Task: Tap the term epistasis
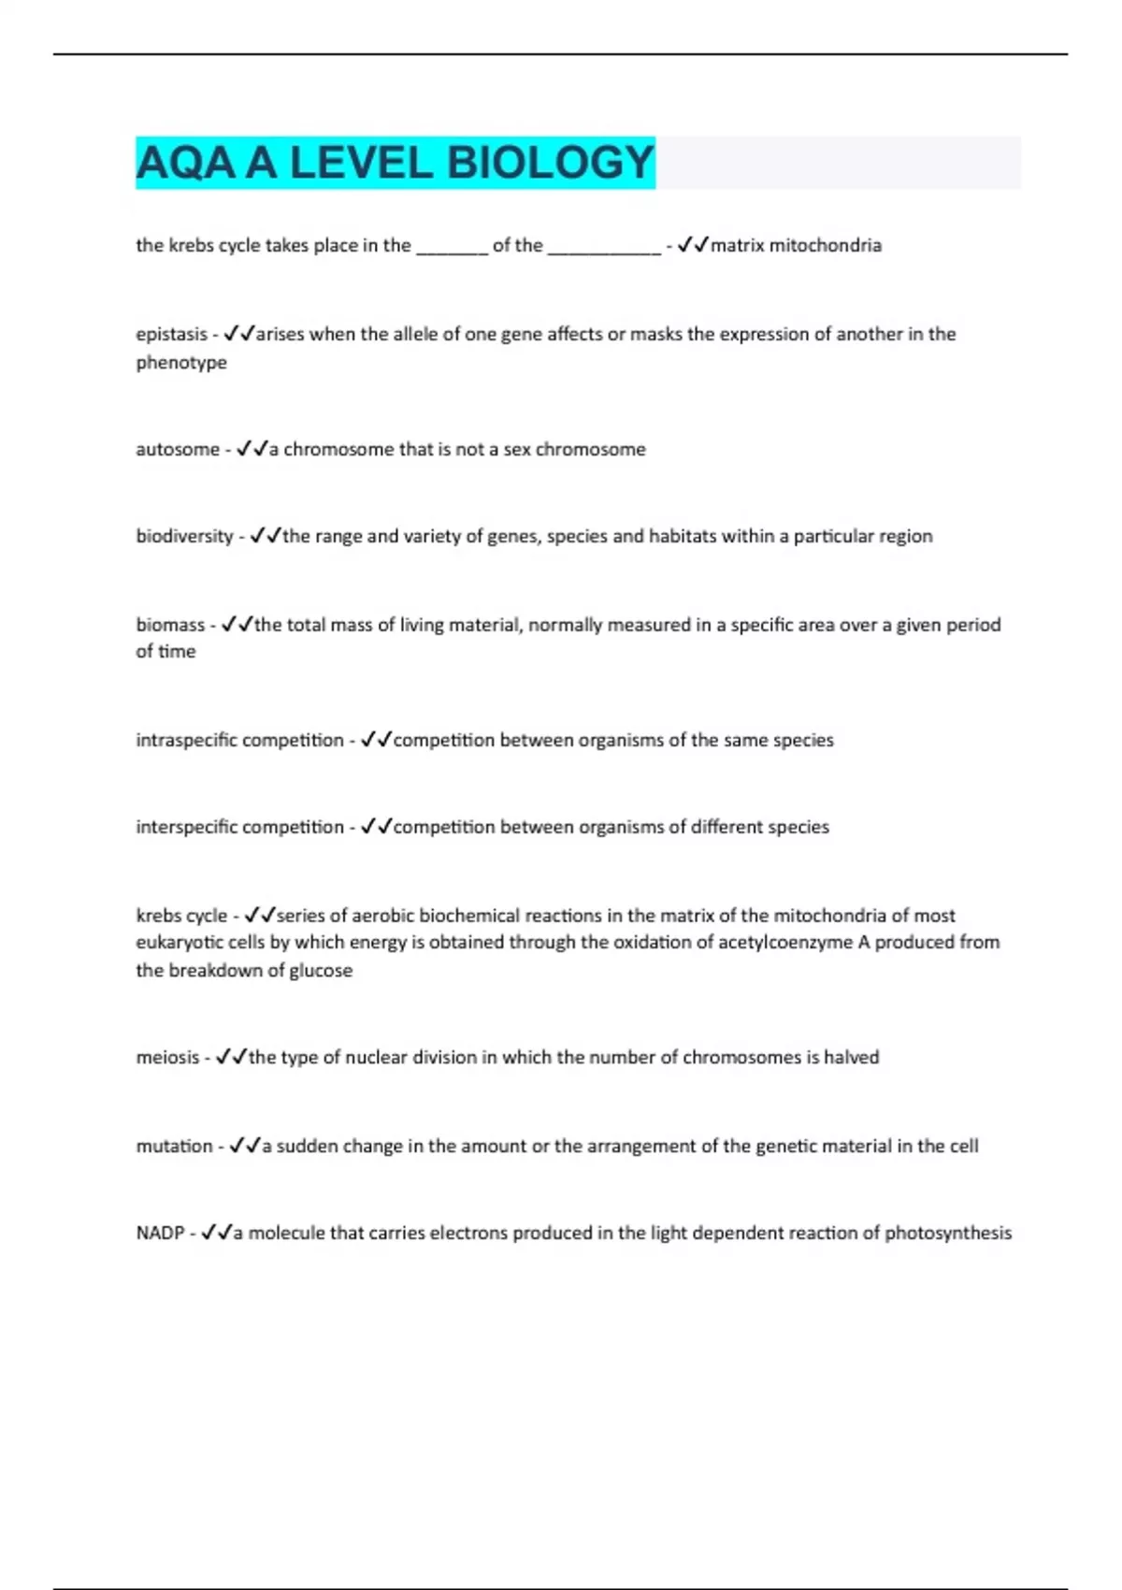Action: click(x=171, y=334)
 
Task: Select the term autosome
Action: click(x=178, y=449)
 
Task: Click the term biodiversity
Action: click(x=184, y=536)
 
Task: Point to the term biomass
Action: click(x=170, y=625)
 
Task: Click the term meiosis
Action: click(x=167, y=1057)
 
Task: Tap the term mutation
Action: click(x=174, y=1146)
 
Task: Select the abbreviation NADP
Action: click(x=160, y=1233)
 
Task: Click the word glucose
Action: click(x=321, y=970)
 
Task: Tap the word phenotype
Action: click(x=181, y=362)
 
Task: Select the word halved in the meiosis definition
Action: click(x=851, y=1057)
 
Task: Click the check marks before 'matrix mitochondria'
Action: click(x=693, y=245)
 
